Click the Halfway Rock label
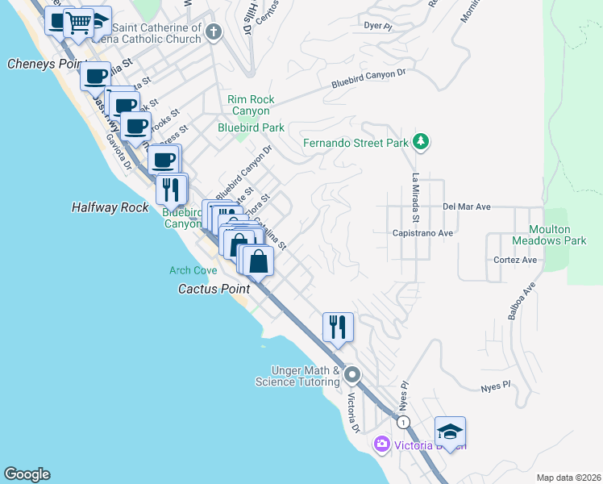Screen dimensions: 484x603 110,207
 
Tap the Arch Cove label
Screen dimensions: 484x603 193,270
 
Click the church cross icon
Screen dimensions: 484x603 214,32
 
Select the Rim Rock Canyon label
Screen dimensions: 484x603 252,105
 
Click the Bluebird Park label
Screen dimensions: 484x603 251,127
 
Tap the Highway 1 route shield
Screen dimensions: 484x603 403,423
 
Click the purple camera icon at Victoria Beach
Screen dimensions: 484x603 381,444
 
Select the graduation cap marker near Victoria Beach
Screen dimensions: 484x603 451,430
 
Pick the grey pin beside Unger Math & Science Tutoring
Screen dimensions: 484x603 351,375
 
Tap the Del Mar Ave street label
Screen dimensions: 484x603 467,207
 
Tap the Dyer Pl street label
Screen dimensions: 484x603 378,26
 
